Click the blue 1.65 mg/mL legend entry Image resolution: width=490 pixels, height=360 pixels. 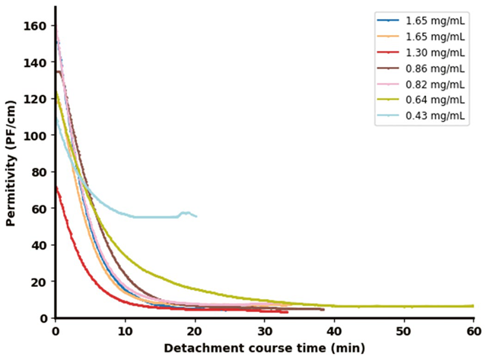pos(434,20)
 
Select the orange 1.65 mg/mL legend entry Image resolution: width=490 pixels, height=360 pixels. pos(434,36)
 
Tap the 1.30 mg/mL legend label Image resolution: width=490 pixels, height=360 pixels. pos(434,53)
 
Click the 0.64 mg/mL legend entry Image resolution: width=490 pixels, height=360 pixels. pos(434,100)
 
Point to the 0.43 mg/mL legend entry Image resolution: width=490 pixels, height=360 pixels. pos(434,116)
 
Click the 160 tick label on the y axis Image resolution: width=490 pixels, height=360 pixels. pos(38,26)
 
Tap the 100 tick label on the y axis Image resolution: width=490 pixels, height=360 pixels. pos(38,135)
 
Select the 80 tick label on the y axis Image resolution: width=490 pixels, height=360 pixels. pos(41,172)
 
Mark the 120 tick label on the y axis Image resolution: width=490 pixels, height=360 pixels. pos(38,99)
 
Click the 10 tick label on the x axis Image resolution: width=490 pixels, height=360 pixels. pos(126,332)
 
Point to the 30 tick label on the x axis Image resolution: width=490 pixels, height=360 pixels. pos(265,332)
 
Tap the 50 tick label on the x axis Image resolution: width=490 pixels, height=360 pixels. pos(404,332)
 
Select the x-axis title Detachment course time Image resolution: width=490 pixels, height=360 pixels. pos(264,349)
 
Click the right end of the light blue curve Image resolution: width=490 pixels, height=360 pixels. pos(196,217)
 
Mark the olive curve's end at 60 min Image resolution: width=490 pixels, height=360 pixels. pos(473,306)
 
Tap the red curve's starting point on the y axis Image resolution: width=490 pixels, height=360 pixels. pos(56,186)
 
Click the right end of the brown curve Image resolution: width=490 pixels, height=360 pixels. pos(323,309)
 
